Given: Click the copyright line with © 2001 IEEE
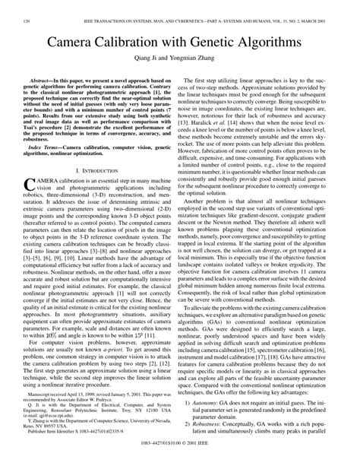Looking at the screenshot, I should [180, 458].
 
